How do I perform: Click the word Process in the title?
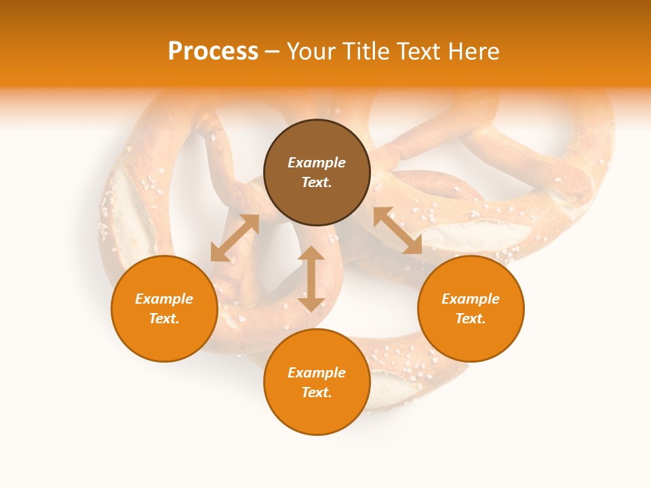tap(213, 52)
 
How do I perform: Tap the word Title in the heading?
tap(367, 52)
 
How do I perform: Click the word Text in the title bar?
tap(420, 52)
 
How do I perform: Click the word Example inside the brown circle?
tap(317, 163)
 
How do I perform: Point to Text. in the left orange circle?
tap(164, 319)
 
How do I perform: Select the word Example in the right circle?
tap(471, 299)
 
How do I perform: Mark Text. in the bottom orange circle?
tap(317, 392)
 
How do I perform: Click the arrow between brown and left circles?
tap(235, 238)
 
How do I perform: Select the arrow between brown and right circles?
tap(397, 230)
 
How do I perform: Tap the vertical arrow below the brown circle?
tap(311, 279)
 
